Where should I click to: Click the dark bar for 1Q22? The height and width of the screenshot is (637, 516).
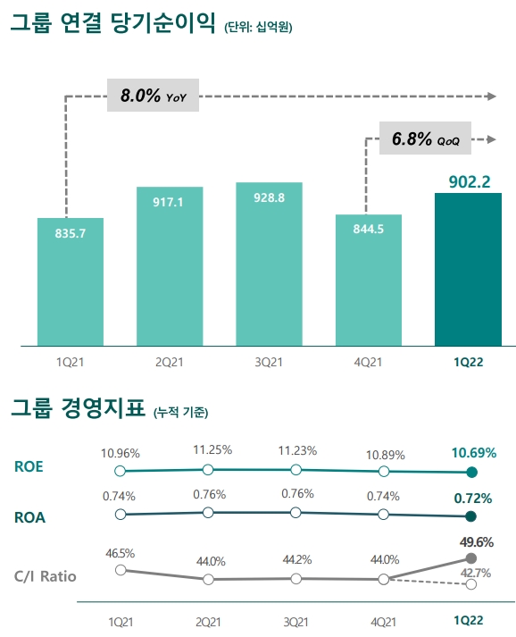[x=467, y=269]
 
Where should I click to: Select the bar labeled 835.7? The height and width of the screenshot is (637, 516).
[x=71, y=281]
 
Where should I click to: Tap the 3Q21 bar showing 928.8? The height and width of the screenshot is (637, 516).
[x=269, y=264]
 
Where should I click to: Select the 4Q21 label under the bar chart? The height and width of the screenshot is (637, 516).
[x=368, y=362]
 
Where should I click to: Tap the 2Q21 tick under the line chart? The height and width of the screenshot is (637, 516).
[x=207, y=620]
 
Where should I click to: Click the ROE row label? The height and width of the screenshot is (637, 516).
[x=29, y=466]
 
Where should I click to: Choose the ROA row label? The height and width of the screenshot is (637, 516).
[x=29, y=515]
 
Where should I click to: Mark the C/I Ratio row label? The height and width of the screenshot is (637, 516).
[x=46, y=576]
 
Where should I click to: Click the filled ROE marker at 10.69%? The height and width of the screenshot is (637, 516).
[x=471, y=473]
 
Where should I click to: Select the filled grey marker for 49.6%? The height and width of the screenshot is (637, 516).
[x=471, y=558]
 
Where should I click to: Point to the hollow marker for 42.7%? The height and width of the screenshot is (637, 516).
[x=471, y=584]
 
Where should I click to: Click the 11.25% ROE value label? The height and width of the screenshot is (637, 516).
[x=207, y=449]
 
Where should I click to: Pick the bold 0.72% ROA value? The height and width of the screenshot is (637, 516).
[x=471, y=498]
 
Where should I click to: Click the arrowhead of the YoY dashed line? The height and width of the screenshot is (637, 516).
[x=490, y=95]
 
